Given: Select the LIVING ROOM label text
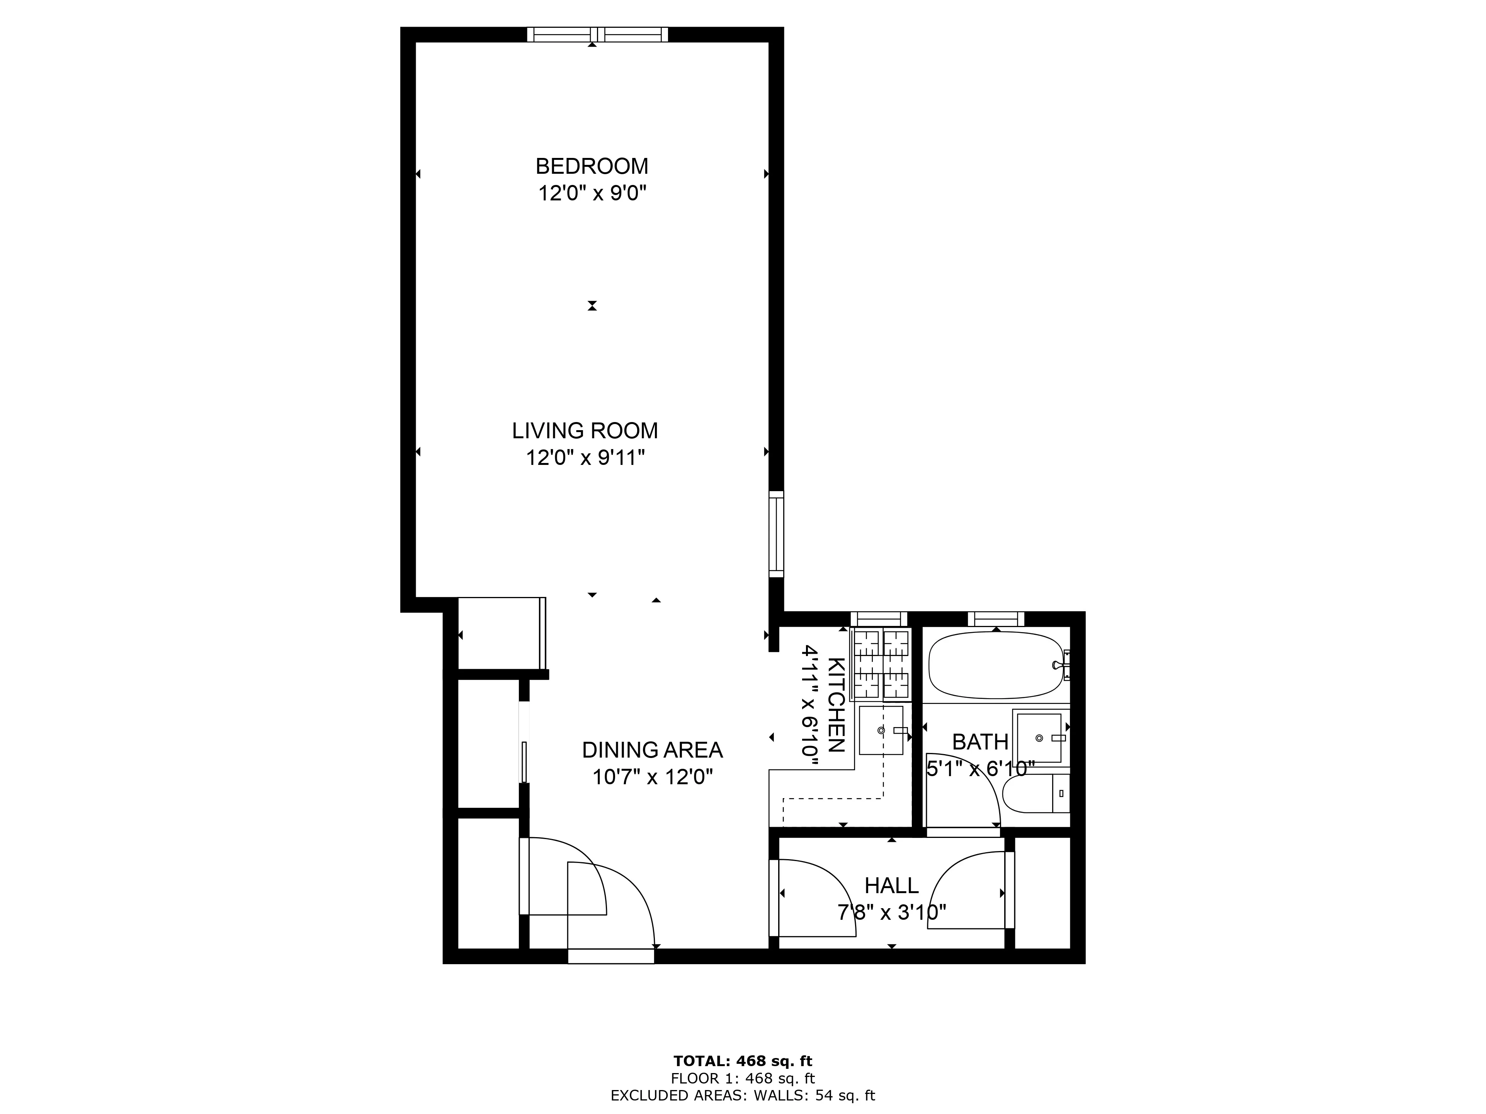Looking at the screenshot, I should pos(585,431).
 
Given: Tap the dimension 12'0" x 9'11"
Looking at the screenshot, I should pos(585,458).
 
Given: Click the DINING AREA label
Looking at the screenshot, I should pos(652,749).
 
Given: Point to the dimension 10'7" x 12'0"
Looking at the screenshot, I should pos(652,777).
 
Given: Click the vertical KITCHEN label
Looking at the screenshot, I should pos(835,705).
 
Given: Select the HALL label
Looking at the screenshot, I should pos(891,886).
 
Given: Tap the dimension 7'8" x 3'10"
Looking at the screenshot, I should pos(891,912).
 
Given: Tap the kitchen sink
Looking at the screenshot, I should pos(881,730).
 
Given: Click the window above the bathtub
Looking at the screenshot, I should pos(996,619).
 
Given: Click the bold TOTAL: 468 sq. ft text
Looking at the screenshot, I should pos(742,1061).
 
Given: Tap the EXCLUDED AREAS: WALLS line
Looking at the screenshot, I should pos(742,1096).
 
